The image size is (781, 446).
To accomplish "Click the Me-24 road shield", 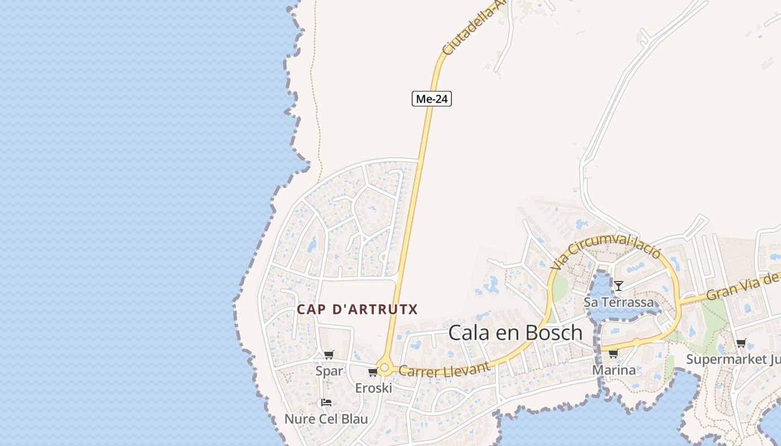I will (x=432, y=99).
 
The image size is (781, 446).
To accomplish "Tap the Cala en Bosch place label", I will (x=515, y=333).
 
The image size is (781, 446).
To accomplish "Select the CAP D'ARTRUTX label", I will (x=357, y=309).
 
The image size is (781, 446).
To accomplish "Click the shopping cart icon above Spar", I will (x=329, y=355).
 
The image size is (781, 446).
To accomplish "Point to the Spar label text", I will (x=329, y=371).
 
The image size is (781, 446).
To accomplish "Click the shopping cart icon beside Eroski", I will (x=373, y=372).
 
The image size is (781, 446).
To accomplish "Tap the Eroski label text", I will (x=373, y=388).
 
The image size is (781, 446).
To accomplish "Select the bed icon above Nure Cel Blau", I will (x=326, y=403).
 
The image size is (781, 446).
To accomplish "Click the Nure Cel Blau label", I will (x=326, y=419).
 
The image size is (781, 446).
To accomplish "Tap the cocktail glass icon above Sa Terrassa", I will (x=618, y=286).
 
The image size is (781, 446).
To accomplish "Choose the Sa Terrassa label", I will (x=618, y=303).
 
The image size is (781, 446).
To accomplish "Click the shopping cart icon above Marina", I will (x=613, y=353).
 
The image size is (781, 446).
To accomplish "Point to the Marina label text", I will (x=614, y=370).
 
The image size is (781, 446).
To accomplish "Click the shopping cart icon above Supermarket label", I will (x=741, y=343).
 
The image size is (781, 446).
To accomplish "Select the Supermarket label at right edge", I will (x=733, y=359).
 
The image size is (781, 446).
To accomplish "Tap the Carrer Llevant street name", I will (x=444, y=370).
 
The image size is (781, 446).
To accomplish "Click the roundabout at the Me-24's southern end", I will (x=383, y=368).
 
